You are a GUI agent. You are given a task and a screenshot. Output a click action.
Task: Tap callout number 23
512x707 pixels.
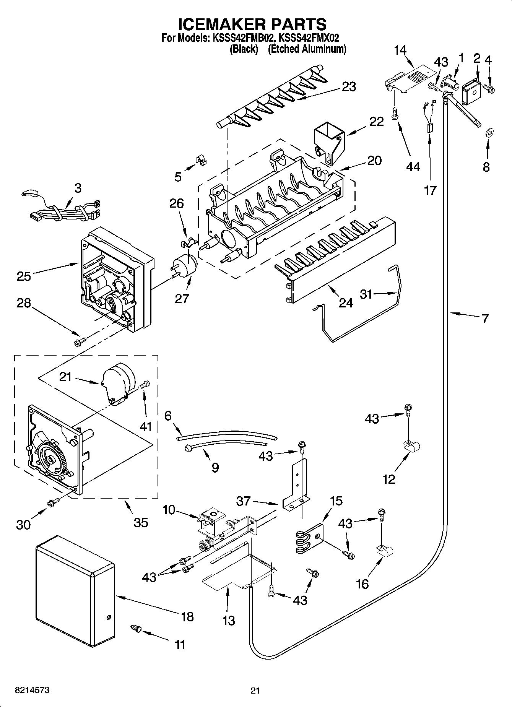(x=349, y=87)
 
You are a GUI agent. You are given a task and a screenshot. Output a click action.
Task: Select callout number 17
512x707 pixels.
(x=430, y=190)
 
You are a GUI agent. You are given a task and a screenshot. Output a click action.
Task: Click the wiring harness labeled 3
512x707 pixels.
(x=65, y=213)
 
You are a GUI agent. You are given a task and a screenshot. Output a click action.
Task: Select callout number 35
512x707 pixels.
(x=141, y=522)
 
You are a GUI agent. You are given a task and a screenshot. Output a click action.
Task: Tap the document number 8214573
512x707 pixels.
(x=33, y=690)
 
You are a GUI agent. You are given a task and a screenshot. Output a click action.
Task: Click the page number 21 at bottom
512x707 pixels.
(x=255, y=691)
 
